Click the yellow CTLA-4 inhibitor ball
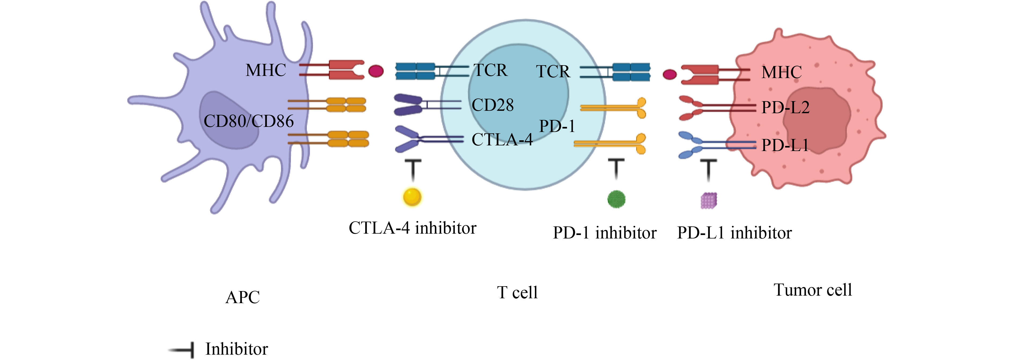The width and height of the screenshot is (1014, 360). (x=412, y=197)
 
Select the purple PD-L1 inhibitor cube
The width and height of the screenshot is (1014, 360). (x=708, y=201)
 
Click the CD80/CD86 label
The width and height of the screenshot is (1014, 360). (x=248, y=121)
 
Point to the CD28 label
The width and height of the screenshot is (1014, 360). (x=493, y=105)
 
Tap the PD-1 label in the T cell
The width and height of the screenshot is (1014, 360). (x=557, y=126)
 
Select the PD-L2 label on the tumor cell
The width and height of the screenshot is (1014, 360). (x=785, y=107)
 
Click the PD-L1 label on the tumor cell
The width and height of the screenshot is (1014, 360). (x=785, y=145)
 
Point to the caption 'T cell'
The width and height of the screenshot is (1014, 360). (x=517, y=293)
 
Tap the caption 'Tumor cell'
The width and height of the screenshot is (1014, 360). (x=813, y=290)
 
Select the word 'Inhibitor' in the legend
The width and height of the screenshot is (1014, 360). (x=237, y=349)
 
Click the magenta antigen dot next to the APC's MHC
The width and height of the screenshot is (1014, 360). (x=376, y=71)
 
